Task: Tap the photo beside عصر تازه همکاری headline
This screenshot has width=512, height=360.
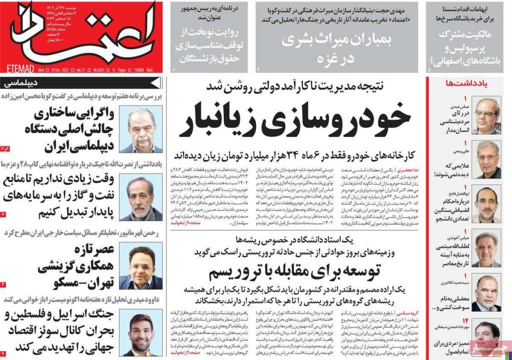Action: [x=141, y=268]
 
